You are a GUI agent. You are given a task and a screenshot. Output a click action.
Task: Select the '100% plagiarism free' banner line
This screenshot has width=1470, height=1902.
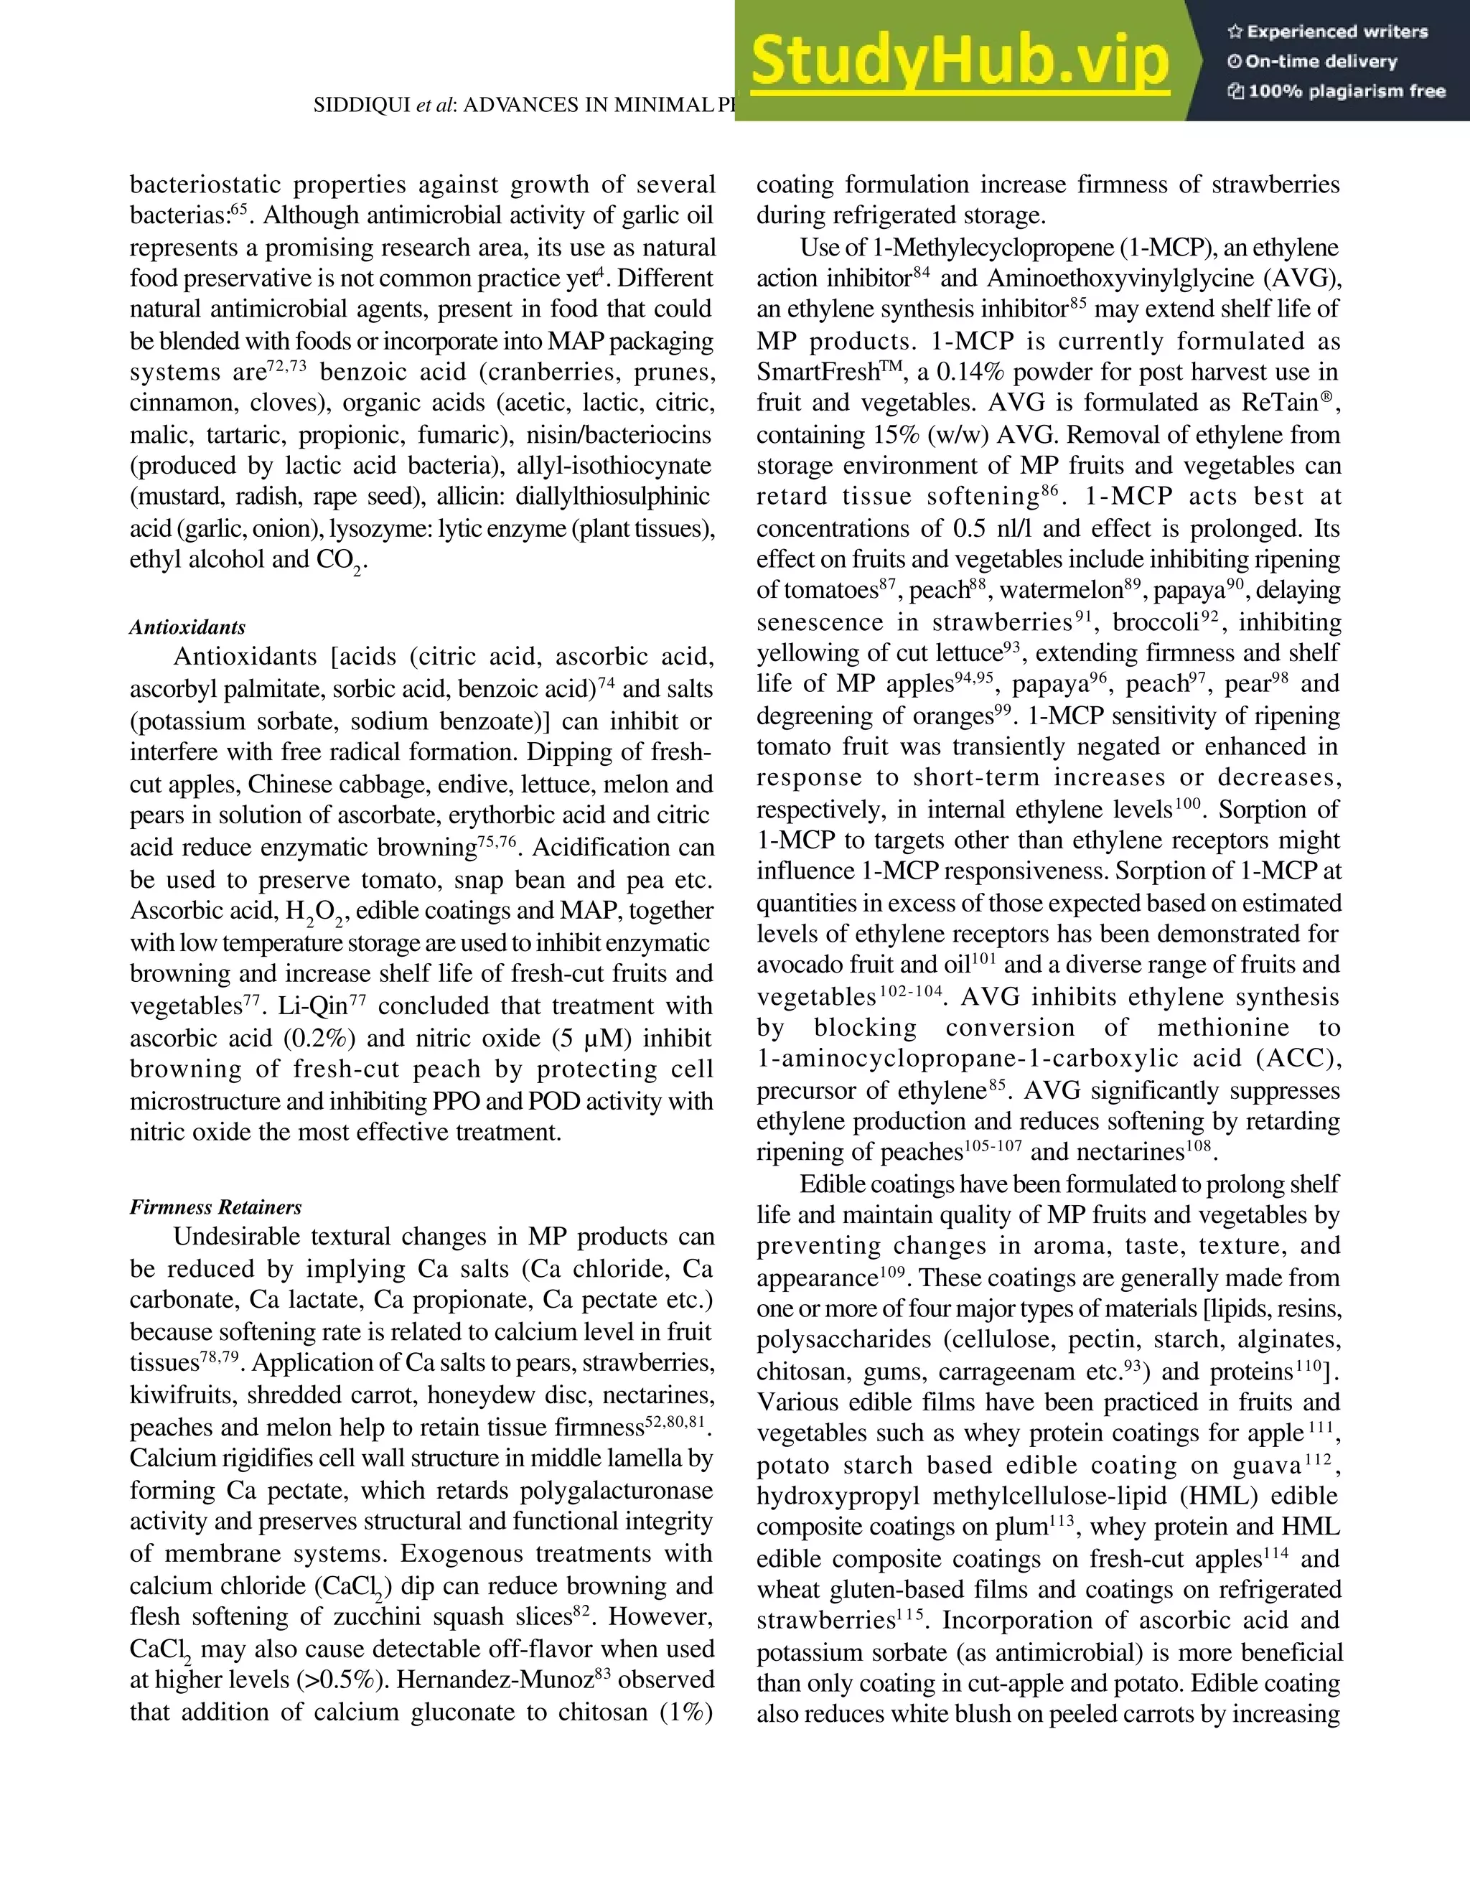coord(1336,91)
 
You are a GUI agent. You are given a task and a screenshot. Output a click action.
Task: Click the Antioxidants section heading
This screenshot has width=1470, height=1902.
coord(187,627)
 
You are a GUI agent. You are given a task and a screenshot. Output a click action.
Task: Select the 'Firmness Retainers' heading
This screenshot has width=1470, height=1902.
coord(216,1207)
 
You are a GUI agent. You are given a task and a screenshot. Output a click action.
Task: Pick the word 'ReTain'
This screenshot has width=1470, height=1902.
coord(1283,403)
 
